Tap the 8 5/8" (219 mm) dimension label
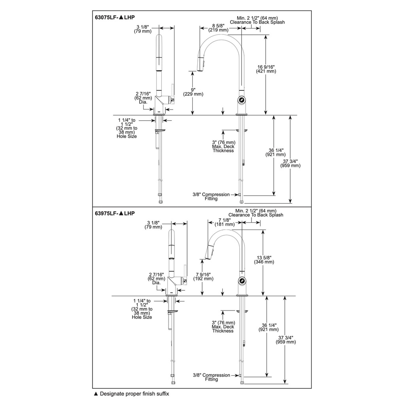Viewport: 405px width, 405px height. pyautogui.click(x=218, y=28)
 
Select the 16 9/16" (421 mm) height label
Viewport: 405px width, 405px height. pyautogui.click(x=266, y=69)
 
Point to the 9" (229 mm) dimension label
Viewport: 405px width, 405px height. pyautogui.click(x=193, y=92)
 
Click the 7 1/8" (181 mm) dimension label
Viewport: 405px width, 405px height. pyautogui.click(x=225, y=222)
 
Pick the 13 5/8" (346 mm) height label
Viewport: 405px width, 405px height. pyautogui.click(x=264, y=259)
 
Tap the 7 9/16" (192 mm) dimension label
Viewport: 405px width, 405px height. pyautogui.click(x=203, y=276)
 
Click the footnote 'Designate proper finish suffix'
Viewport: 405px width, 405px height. pyautogui.click(x=134, y=394)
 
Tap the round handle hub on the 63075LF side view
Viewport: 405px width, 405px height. pyautogui.click(x=242, y=100)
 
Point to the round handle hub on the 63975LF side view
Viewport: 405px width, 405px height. pyautogui.click(x=242, y=280)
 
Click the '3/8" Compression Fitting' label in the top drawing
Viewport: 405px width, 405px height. pyautogui.click(x=211, y=197)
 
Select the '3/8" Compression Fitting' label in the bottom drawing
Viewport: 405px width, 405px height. pyautogui.click(x=211, y=377)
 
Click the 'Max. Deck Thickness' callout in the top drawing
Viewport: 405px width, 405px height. pyautogui.click(x=223, y=149)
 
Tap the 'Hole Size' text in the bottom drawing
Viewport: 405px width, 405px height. pyautogui.click(x=142, y=317)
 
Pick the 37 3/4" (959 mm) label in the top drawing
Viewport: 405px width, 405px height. pyautogui.click(x=290, y=163)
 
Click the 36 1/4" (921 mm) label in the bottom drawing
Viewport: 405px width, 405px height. pyautogui.click(x=269, y=327)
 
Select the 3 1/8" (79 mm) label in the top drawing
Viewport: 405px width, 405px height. pyautogui.click(x=142, y=29)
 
